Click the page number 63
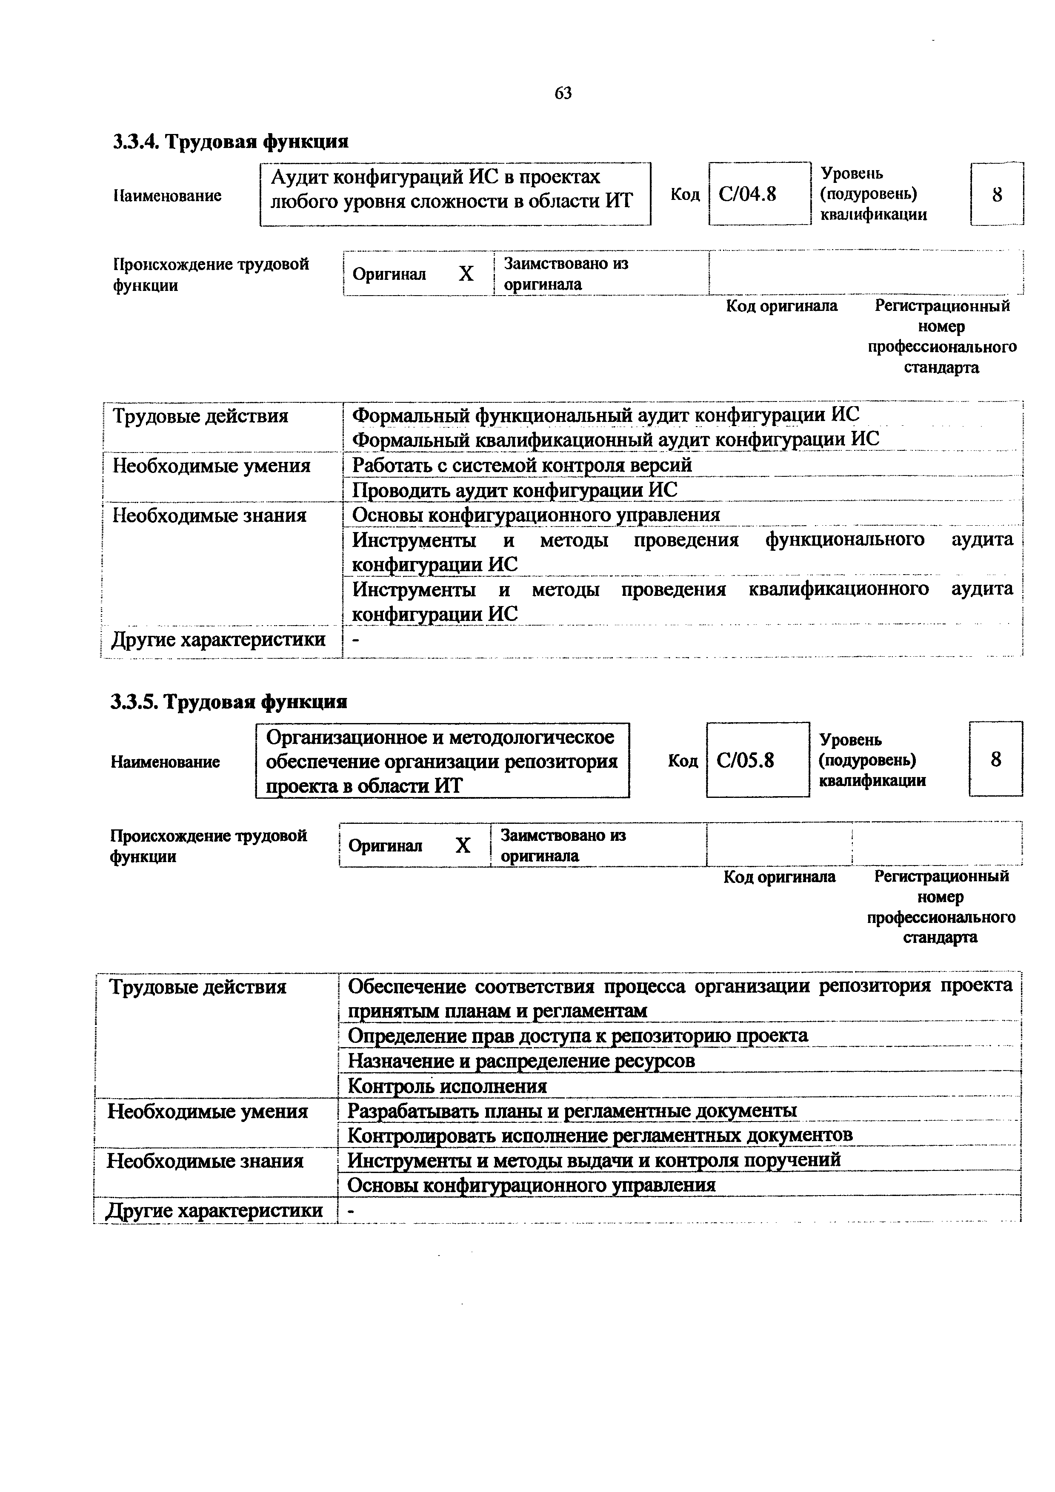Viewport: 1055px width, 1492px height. (563, 94)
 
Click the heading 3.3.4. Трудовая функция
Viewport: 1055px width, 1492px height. (231, 141)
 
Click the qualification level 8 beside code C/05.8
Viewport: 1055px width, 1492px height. (995, 759)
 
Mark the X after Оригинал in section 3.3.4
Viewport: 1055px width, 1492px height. (466, 273)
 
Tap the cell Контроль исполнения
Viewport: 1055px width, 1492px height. (447, 1086)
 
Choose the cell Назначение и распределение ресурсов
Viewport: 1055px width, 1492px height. (521, 1060)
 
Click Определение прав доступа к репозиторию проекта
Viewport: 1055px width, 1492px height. (578, 1035)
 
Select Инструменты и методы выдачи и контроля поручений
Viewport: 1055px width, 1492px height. (594, 1160)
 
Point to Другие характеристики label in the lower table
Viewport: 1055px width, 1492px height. (214, 1210)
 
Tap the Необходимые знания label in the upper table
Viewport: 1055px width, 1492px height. (209, 515)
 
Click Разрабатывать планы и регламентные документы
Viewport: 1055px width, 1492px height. (572, 1110)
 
